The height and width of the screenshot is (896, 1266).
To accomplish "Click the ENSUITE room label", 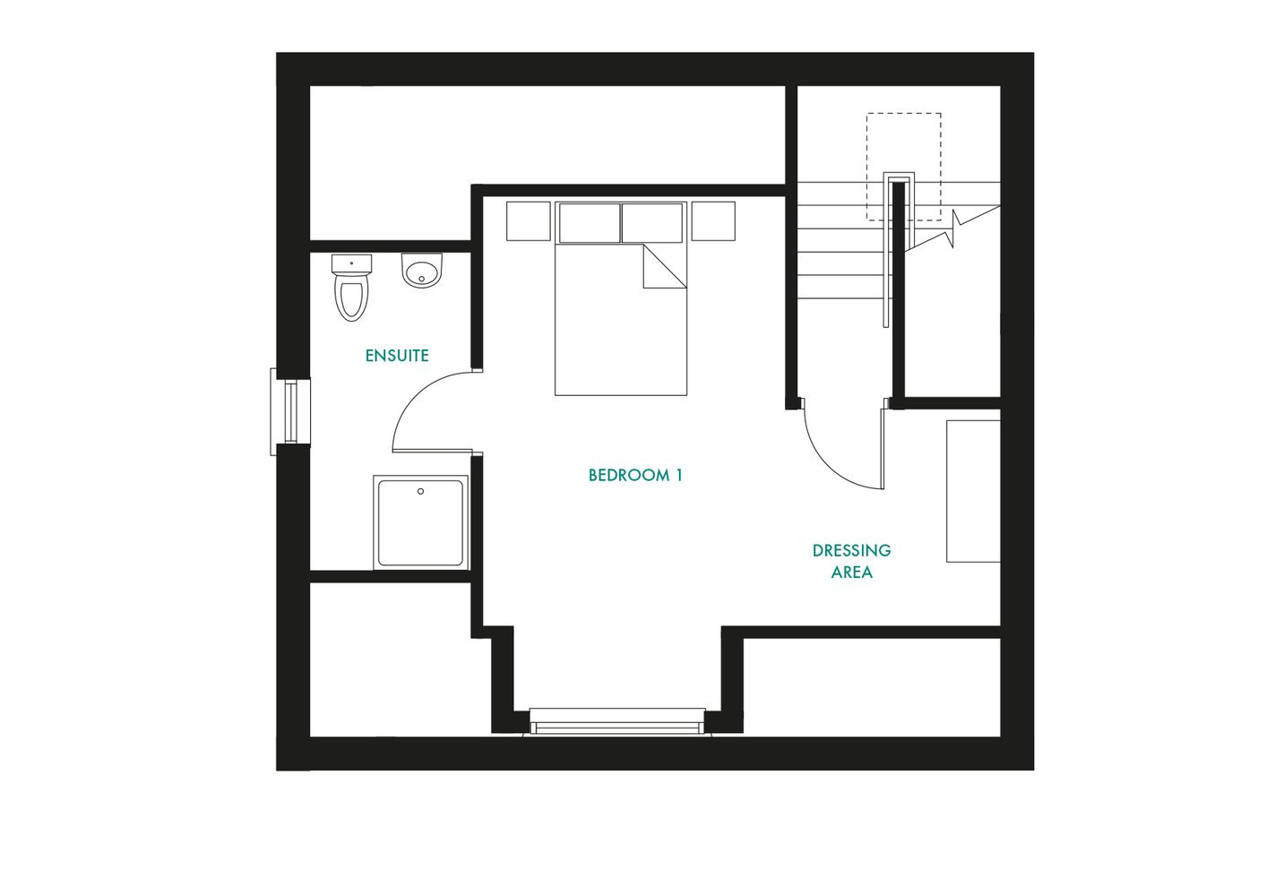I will tap(397, 356).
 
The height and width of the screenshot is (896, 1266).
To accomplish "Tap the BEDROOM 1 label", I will tap(635, 476).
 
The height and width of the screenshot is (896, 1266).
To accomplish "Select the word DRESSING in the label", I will tap(851, 550).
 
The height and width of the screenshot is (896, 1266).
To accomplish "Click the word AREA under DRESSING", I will tap(851, 573).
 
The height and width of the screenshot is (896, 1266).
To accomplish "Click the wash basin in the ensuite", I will tap(422, 271).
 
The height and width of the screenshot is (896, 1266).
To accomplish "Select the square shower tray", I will tap(420, 522).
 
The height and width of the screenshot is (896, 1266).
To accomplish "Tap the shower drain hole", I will tap(420, 491).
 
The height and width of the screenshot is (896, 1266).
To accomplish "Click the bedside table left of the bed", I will tap(528, 221).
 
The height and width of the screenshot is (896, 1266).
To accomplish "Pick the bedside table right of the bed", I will tap(713, 221).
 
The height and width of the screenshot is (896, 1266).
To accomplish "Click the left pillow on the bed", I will tap(589, 223).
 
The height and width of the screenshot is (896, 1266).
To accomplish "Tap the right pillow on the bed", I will tap(652, 223).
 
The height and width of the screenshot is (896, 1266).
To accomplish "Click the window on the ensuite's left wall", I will tap(289, 411).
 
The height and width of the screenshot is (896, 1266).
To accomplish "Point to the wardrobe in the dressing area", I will tap(973, 491).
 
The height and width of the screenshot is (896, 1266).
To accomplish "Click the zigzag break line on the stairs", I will tap(955, 229).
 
